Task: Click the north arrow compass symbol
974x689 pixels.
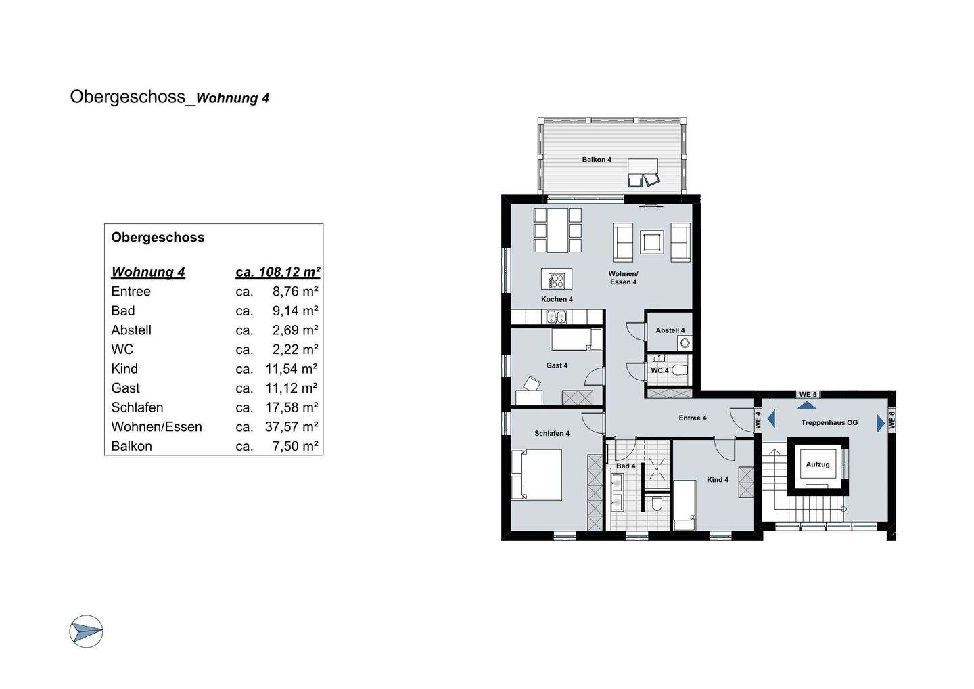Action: [86, 631]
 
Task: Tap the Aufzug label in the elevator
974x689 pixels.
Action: [818, 464]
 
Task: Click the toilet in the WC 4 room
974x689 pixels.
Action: [679, 370]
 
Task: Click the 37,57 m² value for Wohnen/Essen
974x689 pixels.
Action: [292, 426]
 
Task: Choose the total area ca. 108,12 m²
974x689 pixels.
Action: [278, 272]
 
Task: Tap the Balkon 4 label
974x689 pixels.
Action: [597, 160]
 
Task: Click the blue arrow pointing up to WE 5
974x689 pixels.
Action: [806, 405]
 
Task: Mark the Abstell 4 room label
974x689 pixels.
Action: [670, 330]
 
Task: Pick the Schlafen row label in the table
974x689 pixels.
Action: [137, 407]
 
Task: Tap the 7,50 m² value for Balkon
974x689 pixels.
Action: [295, 446]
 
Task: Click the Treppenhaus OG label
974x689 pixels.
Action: [829, 422]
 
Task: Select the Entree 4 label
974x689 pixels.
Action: [692, 418]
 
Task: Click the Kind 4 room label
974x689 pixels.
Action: [718, 479]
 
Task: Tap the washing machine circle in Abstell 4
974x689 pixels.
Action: [685, 343]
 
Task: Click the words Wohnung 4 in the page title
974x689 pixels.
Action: [233, 98]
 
